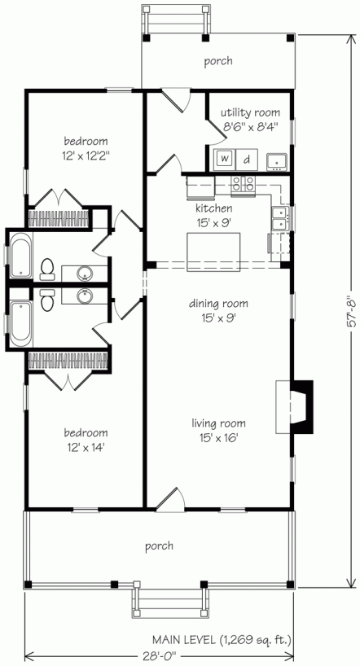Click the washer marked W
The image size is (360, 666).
pos(225,159)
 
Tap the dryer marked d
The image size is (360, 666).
pos(248,159)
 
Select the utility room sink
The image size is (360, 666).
pos(278,160)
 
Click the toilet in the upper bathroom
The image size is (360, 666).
pos(46,268)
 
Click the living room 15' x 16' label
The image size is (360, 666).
pos(218,430)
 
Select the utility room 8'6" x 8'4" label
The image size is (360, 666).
pos(252,119)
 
